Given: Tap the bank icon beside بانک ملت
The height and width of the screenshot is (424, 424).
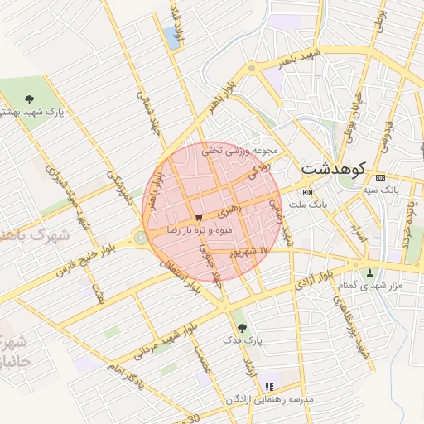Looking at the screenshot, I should coord(307,191).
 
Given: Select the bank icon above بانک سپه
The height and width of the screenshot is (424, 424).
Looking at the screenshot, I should coord(380,178).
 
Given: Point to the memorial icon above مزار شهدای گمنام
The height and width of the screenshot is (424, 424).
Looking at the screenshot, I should coord(369,273).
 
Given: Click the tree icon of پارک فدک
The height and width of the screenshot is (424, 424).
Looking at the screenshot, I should coord(242,329).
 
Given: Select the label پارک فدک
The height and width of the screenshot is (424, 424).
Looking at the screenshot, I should coord(242,340).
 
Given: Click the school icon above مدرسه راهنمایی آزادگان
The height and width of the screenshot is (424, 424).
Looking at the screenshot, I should coord(268,387).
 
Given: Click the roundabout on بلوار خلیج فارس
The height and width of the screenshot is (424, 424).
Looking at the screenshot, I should coord(141,238).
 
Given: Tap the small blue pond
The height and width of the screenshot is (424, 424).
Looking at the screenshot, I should coord(171,35).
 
